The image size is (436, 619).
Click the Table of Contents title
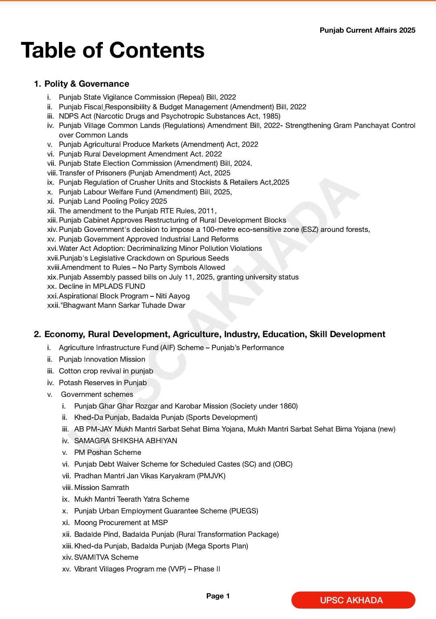(x=113, y=50)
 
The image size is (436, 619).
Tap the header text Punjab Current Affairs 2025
(x=367, y=30)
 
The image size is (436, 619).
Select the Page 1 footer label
(x=218, y=596)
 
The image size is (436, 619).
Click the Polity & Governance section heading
(x=87, y=84)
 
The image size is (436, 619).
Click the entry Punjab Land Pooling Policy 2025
(x=113, y=201)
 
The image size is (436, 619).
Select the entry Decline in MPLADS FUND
(x=102, y=286)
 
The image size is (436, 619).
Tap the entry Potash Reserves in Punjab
(x=103, y=383)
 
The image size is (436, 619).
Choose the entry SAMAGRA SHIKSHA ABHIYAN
(x=126, y=441)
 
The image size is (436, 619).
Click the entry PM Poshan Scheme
(x=108, y=452)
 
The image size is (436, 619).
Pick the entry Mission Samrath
(x=102, y=488)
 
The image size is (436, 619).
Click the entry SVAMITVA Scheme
(x=106, y=557)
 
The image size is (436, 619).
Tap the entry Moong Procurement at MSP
(x=121, y=523)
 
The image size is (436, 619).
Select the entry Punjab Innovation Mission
(x=102, y=359)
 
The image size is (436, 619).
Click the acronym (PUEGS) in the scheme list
(x=244, y=511)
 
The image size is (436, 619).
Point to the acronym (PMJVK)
(x=211, y=476)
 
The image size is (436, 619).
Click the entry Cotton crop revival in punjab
(x=106, y=371)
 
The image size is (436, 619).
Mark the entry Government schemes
(x=97, y=394)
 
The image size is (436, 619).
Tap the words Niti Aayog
(x=173, y=296)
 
